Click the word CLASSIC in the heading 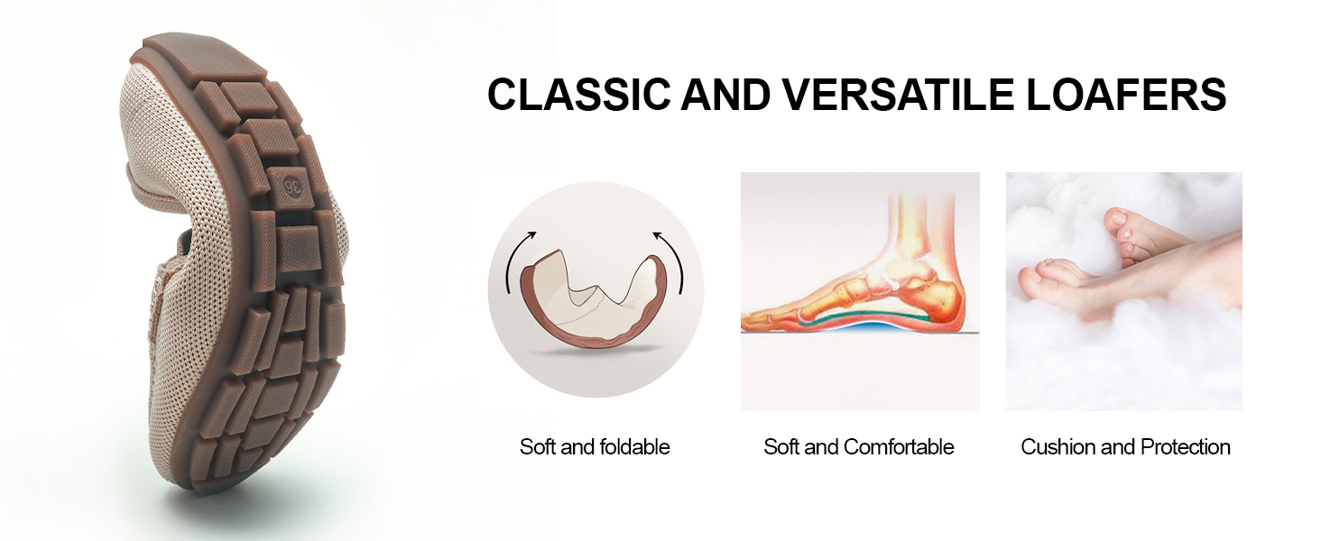[578, 95]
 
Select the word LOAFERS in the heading [1126, 95]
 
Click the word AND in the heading [726, 95]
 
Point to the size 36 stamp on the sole [292, 188]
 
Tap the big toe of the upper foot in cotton [1116, 219]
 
